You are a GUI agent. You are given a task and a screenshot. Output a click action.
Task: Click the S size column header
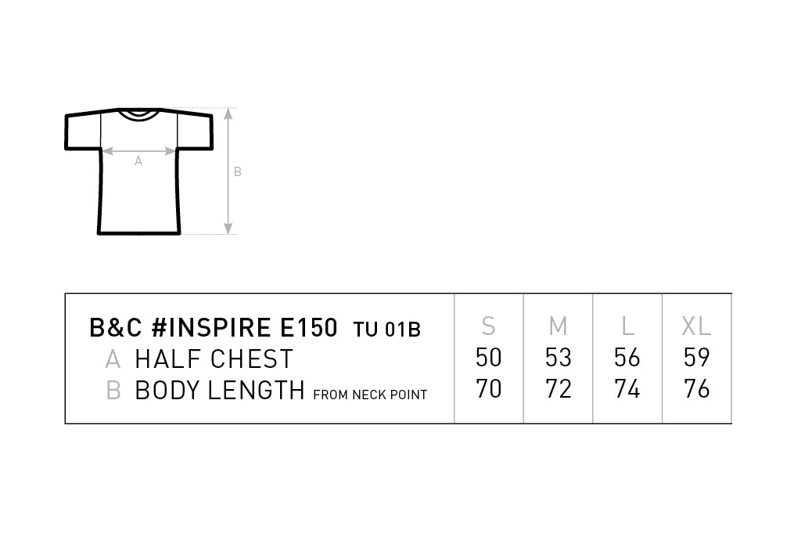[489, 326]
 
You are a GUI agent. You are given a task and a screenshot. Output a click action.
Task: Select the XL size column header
[696, 326]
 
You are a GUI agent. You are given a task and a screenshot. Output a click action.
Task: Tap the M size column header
[558, 326]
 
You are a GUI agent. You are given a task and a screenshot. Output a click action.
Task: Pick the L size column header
[628, 326]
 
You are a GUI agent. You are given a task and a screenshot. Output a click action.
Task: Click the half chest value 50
[489, 357]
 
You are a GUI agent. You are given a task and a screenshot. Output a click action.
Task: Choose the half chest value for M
[558, 357]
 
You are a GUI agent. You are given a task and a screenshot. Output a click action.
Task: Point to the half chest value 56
[627, 357]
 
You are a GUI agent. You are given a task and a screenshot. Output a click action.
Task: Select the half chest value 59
[696, 357]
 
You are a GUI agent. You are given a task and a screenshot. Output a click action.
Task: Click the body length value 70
[489, 389]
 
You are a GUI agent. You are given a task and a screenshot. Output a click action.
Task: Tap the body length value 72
[558, 389]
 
